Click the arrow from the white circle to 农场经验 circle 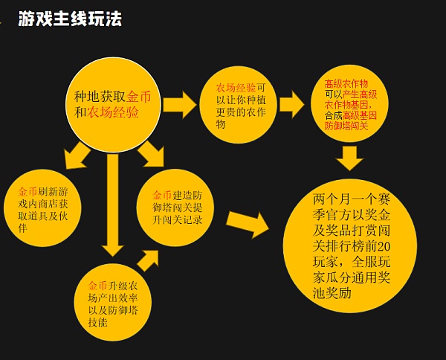178,105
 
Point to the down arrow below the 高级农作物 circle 349,157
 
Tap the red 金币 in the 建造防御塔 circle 162,184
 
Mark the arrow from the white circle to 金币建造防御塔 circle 152,155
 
